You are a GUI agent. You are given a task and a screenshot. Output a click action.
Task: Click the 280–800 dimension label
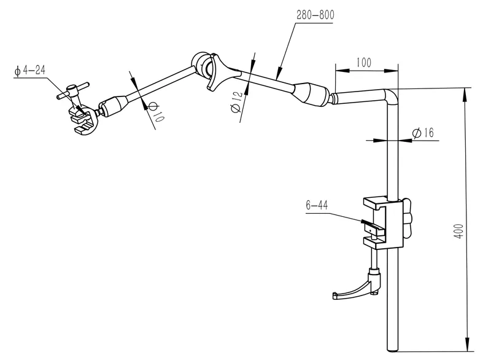pyautogui.click(x=315, y=15)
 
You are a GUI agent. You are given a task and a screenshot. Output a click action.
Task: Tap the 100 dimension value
pyautogui.click(x=363, y=62)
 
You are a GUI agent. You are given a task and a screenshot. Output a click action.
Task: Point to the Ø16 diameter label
pyautogui.click(x=423, y=133)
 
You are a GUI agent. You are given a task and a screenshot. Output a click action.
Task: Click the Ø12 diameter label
pyautogui.click(x=236, y=102)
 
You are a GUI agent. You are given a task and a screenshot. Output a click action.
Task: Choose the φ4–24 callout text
pyautogui.click(x=30, y=70)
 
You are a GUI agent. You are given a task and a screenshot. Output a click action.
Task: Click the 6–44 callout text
pyautogui.click(x=317, y=206)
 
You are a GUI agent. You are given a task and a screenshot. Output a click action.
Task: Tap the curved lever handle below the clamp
pyautogui.click(x=355, y=288)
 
